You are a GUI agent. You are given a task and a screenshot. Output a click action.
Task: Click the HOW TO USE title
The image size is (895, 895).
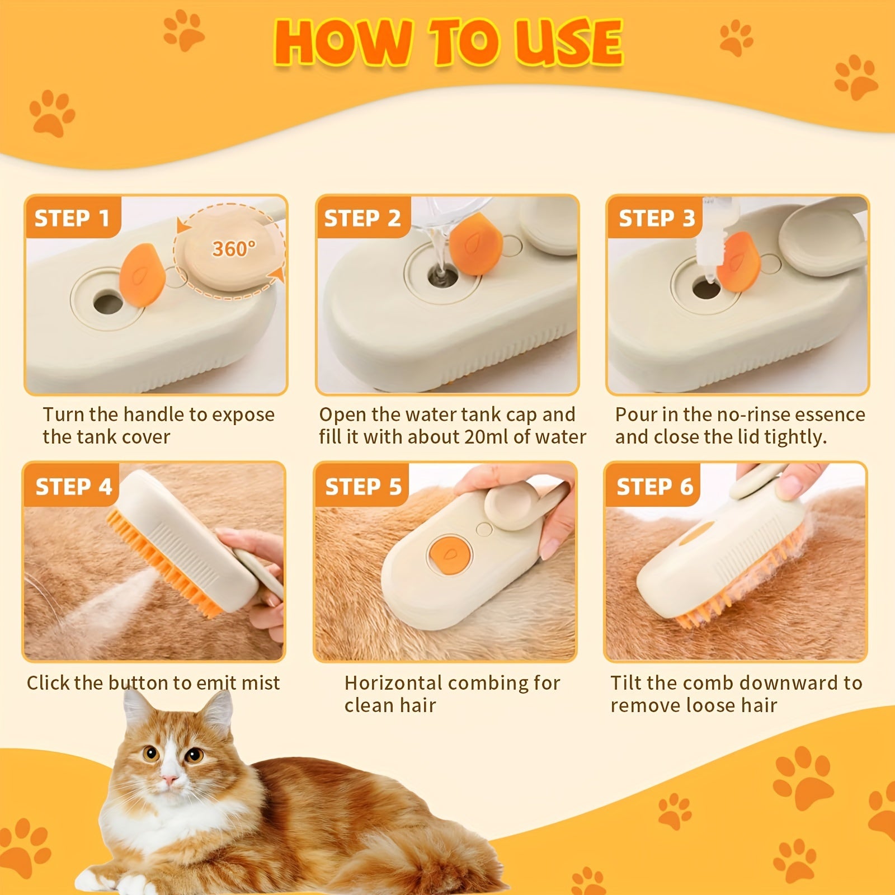[x=447, y=42]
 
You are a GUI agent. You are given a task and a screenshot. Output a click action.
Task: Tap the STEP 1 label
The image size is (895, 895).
[x=72, y=218]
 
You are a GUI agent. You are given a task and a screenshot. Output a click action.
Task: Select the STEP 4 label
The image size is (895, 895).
[x=73, y=487]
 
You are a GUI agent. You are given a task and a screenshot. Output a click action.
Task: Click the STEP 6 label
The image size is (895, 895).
[x=654, y=487]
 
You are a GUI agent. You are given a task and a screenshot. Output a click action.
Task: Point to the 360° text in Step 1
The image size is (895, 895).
[x=234, y=249]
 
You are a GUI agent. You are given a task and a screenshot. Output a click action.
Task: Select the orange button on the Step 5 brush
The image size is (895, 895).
[x=449, y=554]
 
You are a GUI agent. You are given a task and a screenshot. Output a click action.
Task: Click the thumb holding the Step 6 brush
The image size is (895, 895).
[x=794, y=481]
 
